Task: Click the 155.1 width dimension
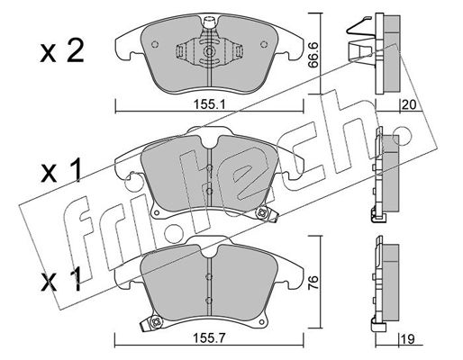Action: pos(209,104)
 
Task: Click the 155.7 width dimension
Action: pos(209,338)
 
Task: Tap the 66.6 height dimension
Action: pos(313,55)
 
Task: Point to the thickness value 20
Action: pos(409,104)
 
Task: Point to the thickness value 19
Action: pos(409,339)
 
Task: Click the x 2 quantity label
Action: pos(62,51)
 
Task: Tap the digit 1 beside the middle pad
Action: pos(75,170)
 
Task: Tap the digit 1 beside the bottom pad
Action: pos(75,279)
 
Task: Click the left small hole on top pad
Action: pos(155,44)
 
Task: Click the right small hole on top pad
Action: pos(264,44)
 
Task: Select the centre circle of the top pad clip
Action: pos(209,51)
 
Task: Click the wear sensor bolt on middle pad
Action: pos(260,213)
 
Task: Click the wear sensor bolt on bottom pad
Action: pos(156,322)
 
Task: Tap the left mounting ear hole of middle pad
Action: pos(156,212)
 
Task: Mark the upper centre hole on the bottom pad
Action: pos(209,277)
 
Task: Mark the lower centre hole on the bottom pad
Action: pos(209,300)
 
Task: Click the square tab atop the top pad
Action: pos(209,22)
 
